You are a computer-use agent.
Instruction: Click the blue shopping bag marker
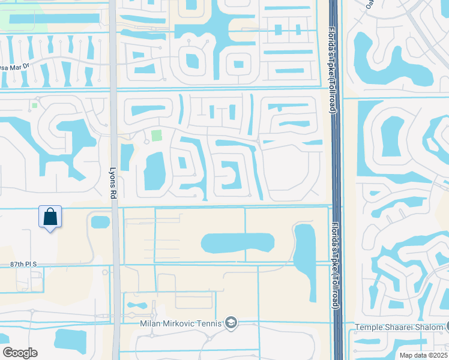(50, 217)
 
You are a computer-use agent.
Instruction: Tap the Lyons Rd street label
(112, 175)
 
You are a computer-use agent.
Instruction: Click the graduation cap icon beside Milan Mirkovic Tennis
(231, 324)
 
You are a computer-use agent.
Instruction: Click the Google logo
(20, 353)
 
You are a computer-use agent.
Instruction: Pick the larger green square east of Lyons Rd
(157, 136)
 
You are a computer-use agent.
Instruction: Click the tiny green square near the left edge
(34, 106)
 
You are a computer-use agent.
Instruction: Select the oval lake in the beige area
(238, 244)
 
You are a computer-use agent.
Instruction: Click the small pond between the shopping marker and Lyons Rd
(100, 222)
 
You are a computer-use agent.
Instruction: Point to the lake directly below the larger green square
(154, 170)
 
